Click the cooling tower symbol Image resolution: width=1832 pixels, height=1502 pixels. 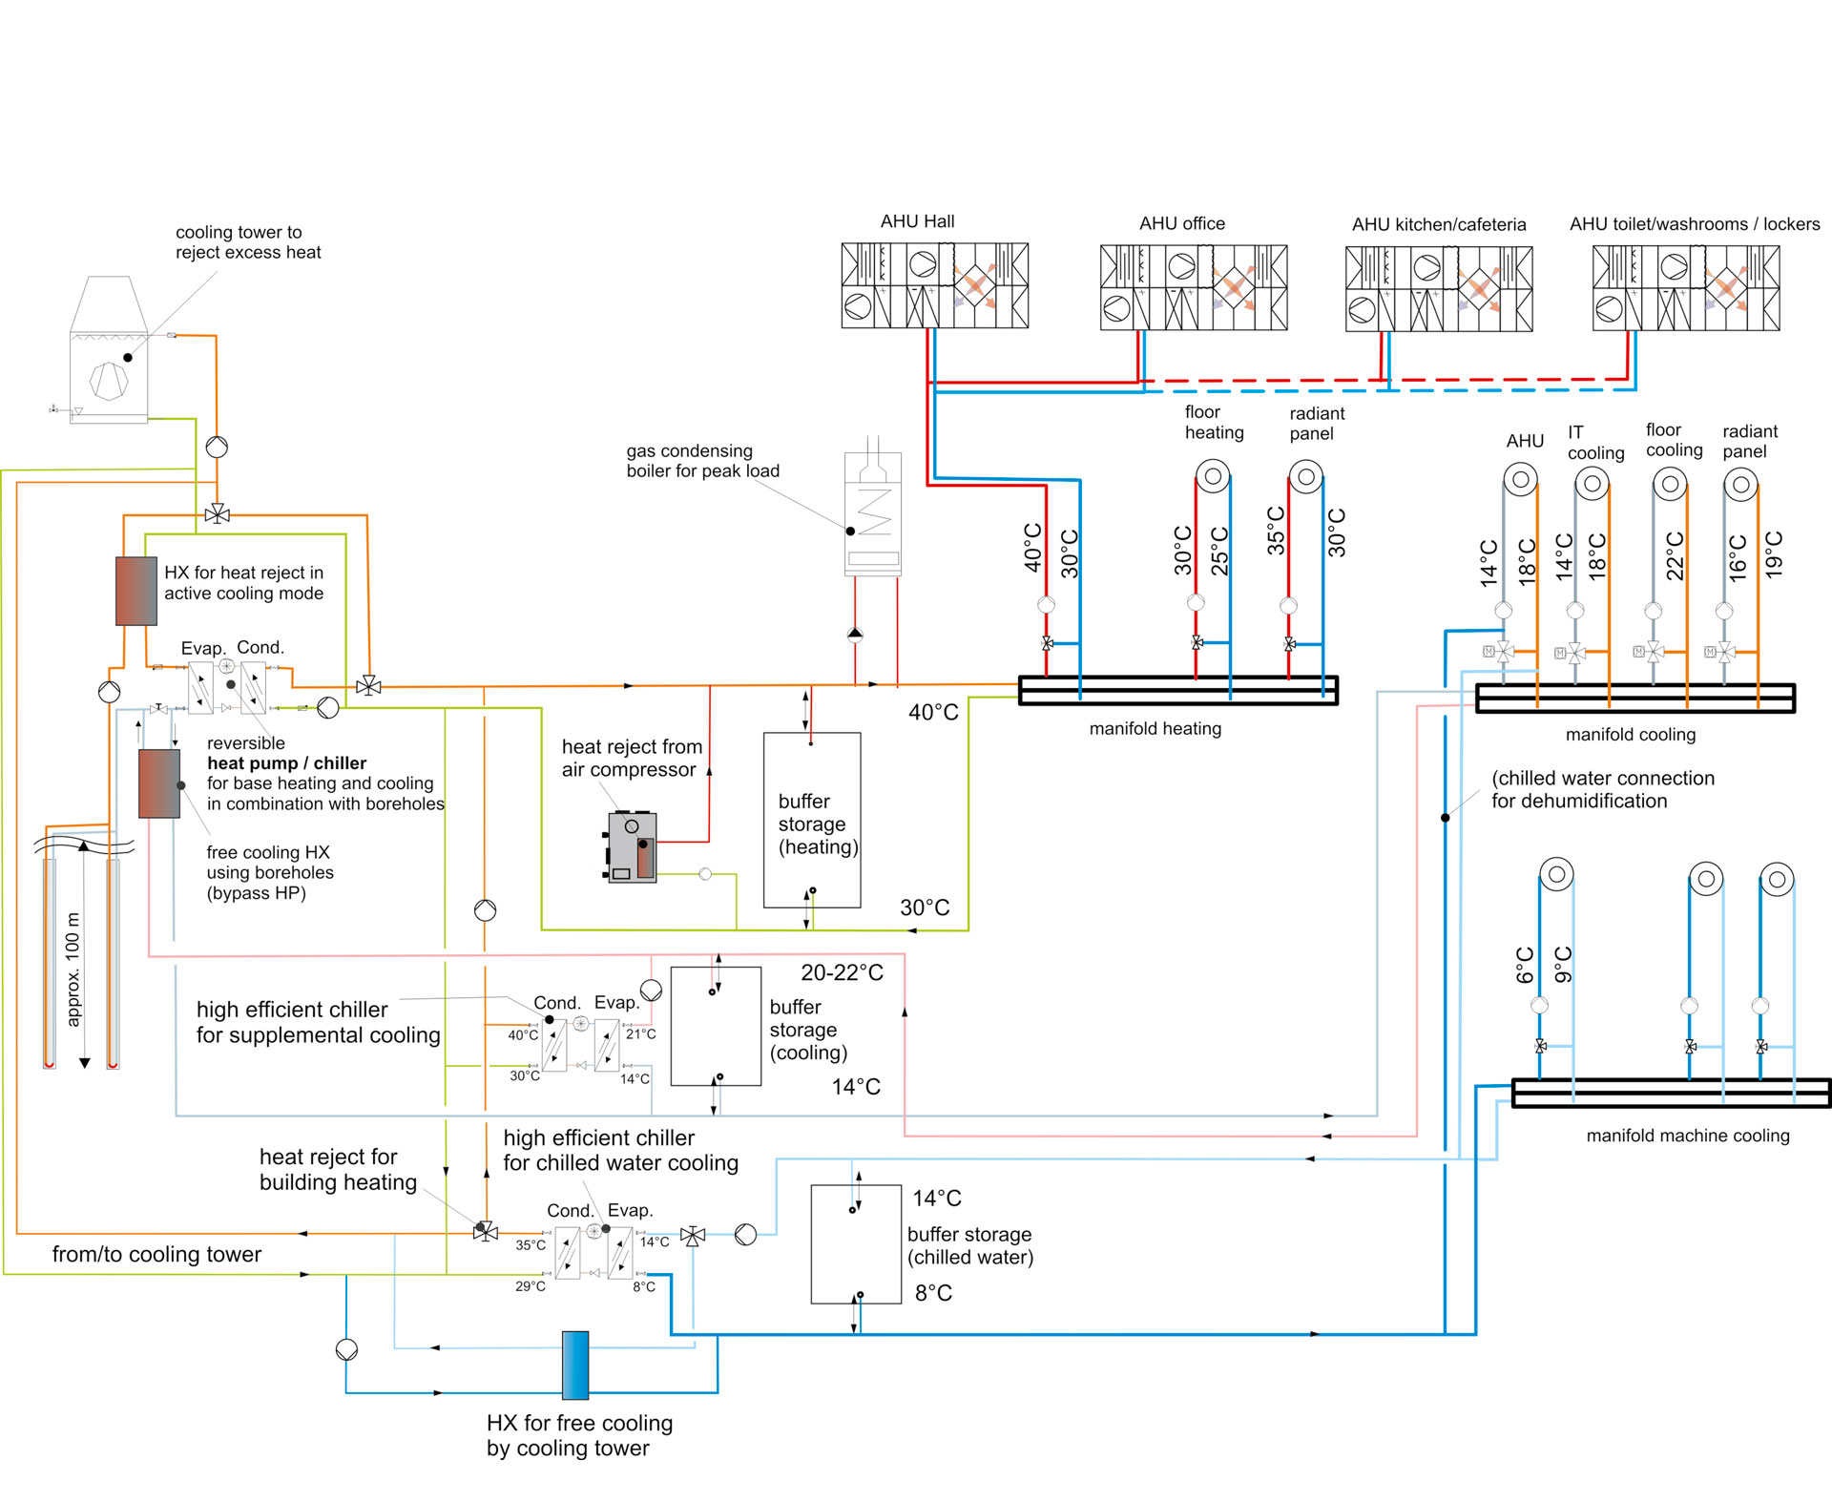109,350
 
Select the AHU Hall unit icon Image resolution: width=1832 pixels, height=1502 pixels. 934,285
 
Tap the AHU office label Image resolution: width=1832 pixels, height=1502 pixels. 1181,223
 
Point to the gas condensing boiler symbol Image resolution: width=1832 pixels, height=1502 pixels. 872,515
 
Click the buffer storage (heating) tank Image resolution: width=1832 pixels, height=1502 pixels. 812,820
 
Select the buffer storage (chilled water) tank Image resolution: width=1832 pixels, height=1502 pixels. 856,1243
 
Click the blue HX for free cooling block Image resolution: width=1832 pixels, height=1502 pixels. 575,1365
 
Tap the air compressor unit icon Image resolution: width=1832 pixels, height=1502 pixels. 633,847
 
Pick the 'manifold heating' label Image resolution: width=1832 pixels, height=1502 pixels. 1155,729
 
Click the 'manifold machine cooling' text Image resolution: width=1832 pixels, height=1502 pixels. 1687,1136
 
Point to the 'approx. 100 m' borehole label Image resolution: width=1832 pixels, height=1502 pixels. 73,969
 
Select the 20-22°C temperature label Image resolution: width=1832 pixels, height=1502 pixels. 842,972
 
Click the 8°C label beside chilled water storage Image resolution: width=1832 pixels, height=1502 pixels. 933,1293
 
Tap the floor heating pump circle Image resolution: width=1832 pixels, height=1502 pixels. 1213,475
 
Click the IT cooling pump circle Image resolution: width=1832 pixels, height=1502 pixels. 1592,484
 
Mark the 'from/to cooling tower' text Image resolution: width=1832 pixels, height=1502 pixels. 156,1254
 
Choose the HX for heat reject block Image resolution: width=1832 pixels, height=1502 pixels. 136,591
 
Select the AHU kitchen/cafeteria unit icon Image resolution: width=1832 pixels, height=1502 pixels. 1439,288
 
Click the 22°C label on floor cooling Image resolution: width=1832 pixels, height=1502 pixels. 1675,556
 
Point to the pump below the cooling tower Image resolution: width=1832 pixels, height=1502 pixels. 217,447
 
